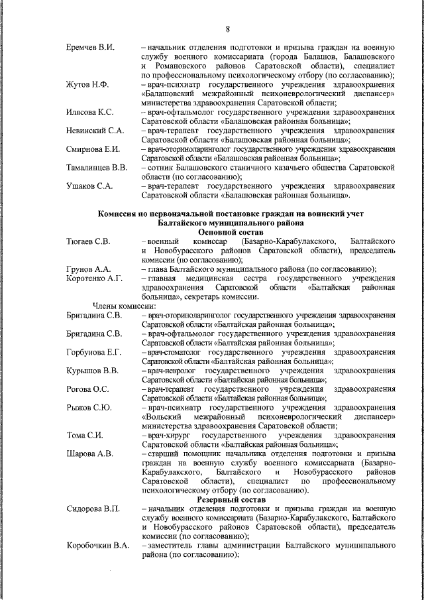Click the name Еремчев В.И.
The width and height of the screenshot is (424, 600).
[91, 48]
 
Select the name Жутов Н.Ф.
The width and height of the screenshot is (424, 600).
[89, 86]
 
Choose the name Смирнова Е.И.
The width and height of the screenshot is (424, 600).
[93, 149]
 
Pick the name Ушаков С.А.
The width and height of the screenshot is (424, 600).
[89, 186]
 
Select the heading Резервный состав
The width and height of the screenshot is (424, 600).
[230, 499]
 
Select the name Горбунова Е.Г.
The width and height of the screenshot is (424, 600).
[93, 351]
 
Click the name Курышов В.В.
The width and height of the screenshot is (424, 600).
[93, 370]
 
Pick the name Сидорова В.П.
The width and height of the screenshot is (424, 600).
[93, 508]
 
